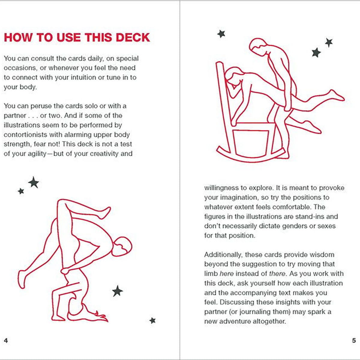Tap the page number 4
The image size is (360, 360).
(x=6, y=340)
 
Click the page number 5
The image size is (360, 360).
(x=354, y=340)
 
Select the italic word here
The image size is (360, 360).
(x=227, y=274)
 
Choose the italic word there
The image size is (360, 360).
(x=277, y=274)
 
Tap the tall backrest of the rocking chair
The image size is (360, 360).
(x=223, y=90)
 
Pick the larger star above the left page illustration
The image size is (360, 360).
(x=33, y=182)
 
